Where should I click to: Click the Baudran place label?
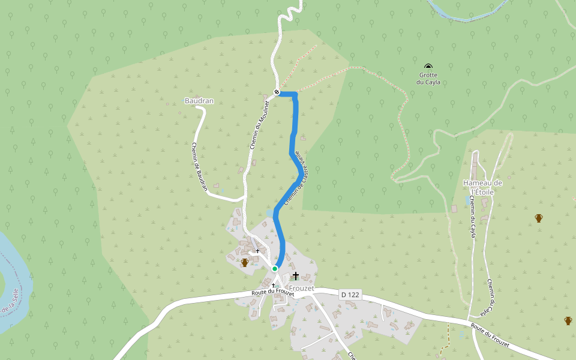click(x=199, y=101)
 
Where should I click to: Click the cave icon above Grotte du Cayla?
click(x=428, y=67)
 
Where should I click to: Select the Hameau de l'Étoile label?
click(x=482, y=187)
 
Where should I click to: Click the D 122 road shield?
click(x=350, y=295)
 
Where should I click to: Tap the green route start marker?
click(x=275, y=268)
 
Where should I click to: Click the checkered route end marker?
click(x=277, y=92)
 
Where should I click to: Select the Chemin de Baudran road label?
click(x=200, y=166)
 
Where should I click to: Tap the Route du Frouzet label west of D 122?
click(x=272, y=292)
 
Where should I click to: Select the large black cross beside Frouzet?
click(x=295, y=275)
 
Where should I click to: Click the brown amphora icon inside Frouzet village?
click(x=244, y=263)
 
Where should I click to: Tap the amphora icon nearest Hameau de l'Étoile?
click(x=539, y=218)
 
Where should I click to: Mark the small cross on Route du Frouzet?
click(x=273, y=285)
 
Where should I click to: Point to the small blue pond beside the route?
click(x=268, y=213)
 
